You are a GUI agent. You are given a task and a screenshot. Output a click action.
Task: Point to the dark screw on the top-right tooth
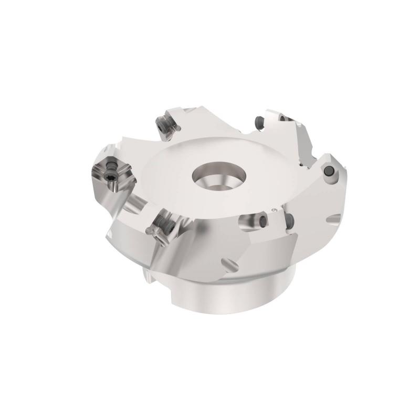click(259, 121)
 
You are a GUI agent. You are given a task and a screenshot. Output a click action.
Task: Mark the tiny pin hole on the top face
click(274, 210)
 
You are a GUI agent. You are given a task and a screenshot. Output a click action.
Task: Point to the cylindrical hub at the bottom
click(231, 299)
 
